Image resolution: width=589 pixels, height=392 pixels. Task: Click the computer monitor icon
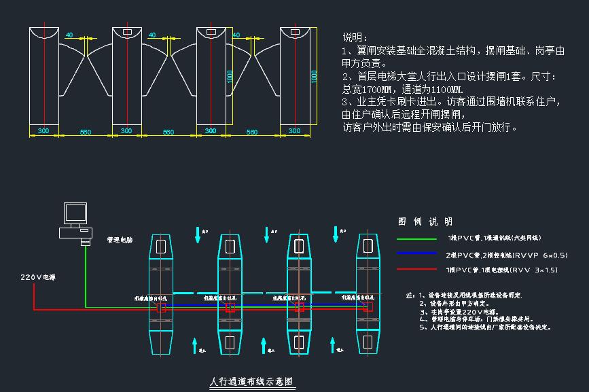click(x=75, y=213)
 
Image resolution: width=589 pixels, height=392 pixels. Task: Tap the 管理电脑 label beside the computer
click(x=120, y=240)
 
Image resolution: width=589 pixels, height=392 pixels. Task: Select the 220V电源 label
click(x=38, y=277)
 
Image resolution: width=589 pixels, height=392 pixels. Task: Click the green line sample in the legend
click(x=416, y=238)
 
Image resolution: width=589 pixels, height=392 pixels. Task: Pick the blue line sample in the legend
click(x=416, y=254)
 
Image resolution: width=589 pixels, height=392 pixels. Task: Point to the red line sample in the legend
click(x=416, y=270)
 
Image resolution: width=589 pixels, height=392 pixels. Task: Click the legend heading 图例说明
click(x=425, y=221)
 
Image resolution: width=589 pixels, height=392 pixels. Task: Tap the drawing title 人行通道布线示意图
click(x=252, y=382)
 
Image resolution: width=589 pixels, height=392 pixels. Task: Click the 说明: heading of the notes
click(x=355, y=37)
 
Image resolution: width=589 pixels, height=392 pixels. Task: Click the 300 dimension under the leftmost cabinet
click(x=43, y=130)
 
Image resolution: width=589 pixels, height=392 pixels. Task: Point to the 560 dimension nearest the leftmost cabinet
click(x=85, y=131)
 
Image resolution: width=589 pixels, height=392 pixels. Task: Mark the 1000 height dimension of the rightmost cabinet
click(x=314, y=76)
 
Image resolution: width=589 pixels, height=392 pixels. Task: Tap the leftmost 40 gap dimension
click(x=69, y=35)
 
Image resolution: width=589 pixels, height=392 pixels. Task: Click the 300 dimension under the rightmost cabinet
click(x=294, y=130)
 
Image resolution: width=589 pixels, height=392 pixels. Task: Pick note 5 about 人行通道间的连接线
click(x=484, y=327)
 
